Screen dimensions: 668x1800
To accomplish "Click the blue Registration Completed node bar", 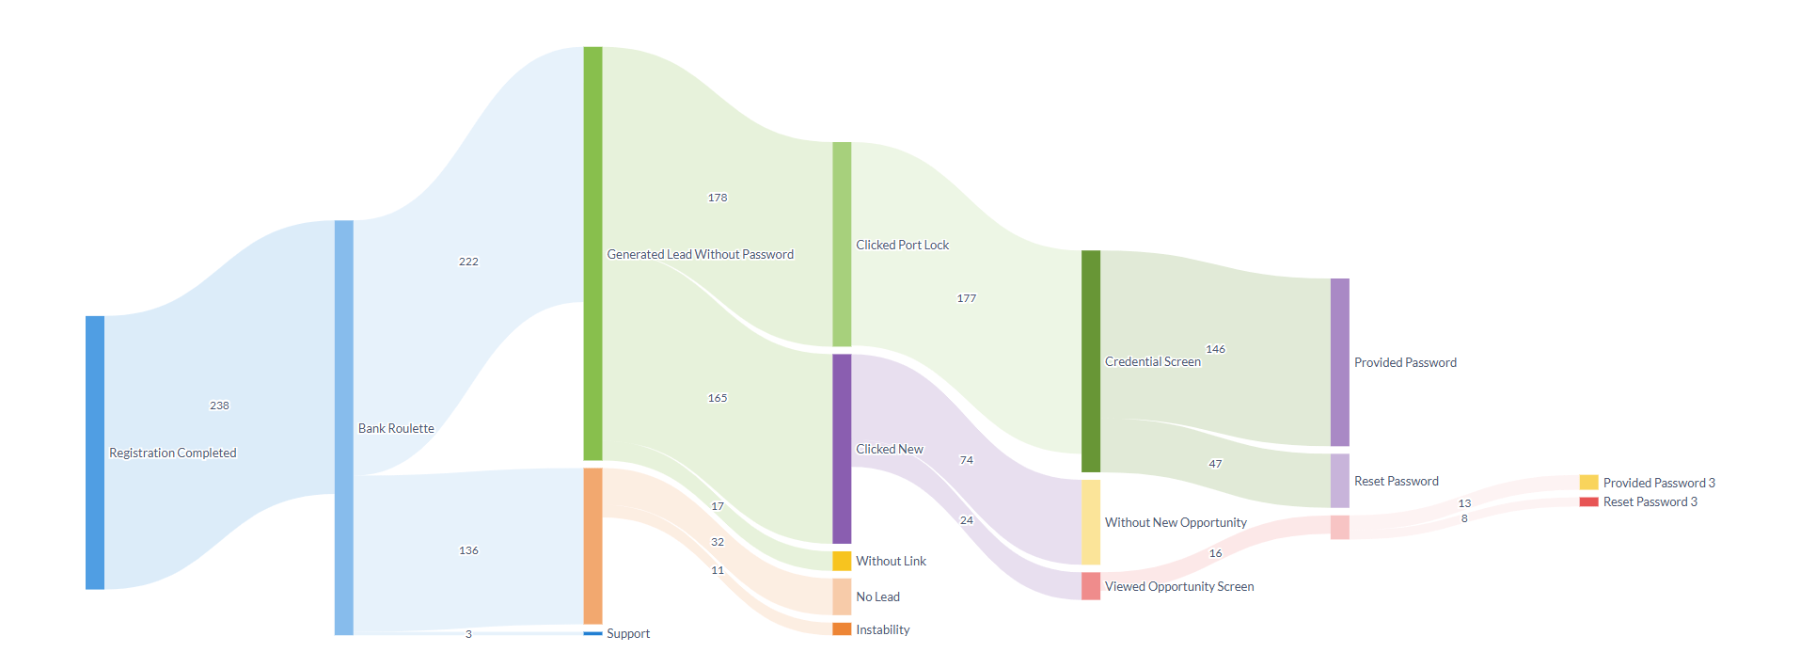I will coord(95,453).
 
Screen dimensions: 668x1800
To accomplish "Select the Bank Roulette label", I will coord(396,428).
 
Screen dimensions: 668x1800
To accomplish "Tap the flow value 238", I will coord(219,406).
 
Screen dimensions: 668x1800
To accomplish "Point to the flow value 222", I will coord(468,262).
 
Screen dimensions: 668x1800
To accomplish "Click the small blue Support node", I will coord(592,633).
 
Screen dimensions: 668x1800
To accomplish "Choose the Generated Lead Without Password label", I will coord(700,254).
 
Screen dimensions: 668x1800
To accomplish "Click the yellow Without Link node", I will coord(842,561).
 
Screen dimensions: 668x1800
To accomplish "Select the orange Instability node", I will coord(842,629).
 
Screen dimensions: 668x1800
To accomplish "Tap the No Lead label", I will coord(877,596).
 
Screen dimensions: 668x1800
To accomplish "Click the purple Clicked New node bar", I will coord(842,449).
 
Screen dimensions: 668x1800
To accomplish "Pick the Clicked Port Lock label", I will coord(902,245).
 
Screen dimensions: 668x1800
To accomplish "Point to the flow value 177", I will coord(967,298).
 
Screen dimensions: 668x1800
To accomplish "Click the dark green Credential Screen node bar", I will coord(1091,361).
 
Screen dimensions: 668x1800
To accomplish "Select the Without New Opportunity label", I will coord(1176,522).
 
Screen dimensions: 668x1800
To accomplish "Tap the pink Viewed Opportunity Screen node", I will coord(1091,586).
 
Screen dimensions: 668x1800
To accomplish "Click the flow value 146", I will coord(1215,349).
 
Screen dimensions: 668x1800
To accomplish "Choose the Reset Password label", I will coord(1396,481).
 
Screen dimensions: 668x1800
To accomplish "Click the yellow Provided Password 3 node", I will coord(1588,483).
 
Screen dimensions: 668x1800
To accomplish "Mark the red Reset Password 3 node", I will coord(1588,501).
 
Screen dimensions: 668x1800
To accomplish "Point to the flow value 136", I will coord(468,550).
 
